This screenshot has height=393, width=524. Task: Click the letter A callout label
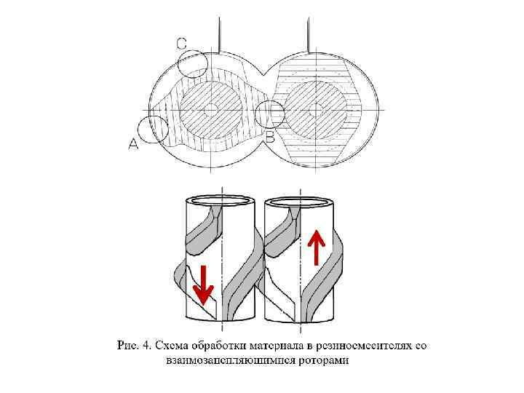tap(133, 144)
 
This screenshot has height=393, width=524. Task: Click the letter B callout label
tap(270, 137)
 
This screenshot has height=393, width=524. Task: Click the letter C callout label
tap(182, 44)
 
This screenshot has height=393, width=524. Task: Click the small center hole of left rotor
tap(210, 110)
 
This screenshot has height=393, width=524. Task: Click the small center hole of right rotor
tap(315, 110)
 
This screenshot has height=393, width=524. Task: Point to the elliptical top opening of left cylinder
tap(221, 199)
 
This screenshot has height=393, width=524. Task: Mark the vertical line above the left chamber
tap(219, 35)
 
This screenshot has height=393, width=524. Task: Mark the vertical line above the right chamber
tap(310, 35)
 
